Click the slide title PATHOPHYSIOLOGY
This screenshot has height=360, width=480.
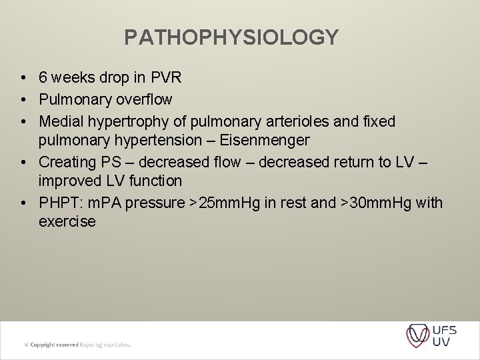point(231,37)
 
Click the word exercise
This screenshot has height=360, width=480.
point(67,221)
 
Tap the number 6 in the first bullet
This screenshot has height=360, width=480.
point(43,78)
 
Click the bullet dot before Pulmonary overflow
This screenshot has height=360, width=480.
point(23,100)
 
